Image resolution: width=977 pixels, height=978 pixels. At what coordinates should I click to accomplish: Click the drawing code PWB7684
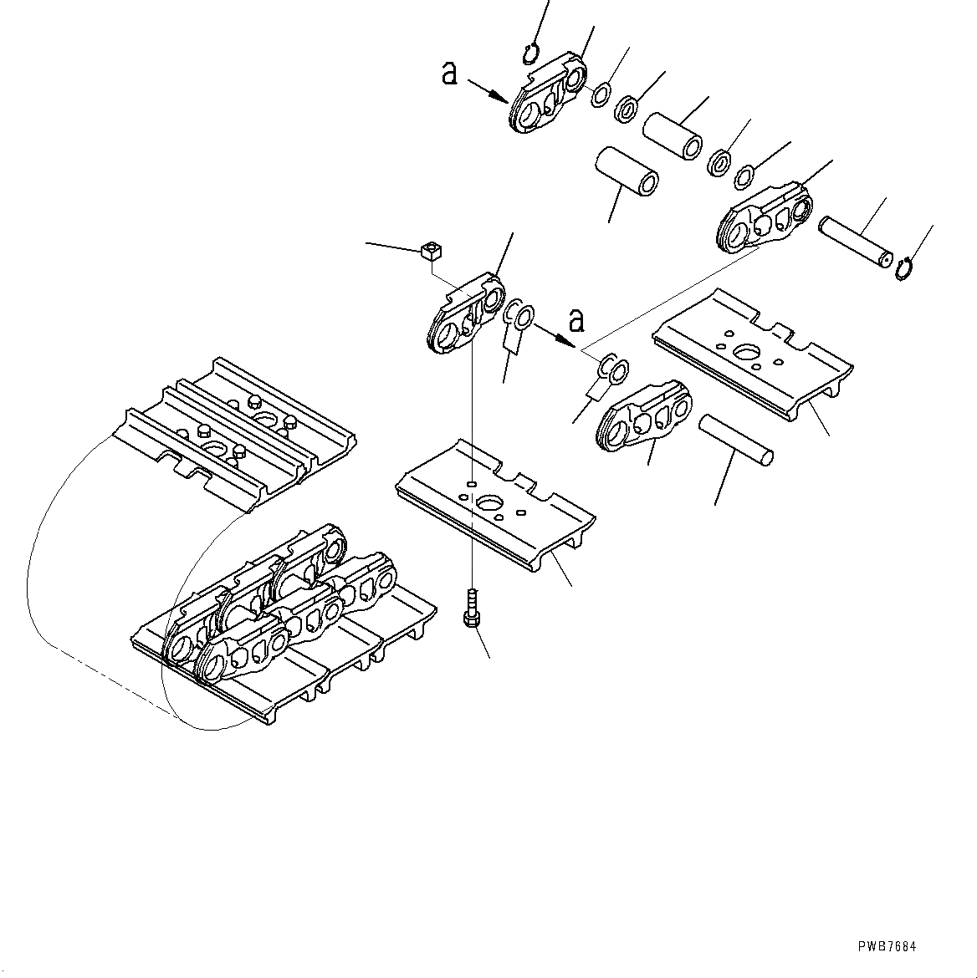click(x=887, y=946)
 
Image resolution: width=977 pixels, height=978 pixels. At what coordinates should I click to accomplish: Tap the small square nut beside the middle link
click(x=431, y=248)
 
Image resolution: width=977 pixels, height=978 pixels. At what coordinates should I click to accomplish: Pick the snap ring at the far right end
click(x=903, y=269)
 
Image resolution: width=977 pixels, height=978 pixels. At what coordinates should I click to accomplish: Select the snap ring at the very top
click(x=529, y=54)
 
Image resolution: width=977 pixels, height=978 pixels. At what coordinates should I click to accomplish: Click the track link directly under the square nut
click(x=465, y=313)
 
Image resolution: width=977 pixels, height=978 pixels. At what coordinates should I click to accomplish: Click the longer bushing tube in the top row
click(x=675, y=134)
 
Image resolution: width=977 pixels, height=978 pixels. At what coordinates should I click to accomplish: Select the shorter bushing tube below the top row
click(x=627, y=172)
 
